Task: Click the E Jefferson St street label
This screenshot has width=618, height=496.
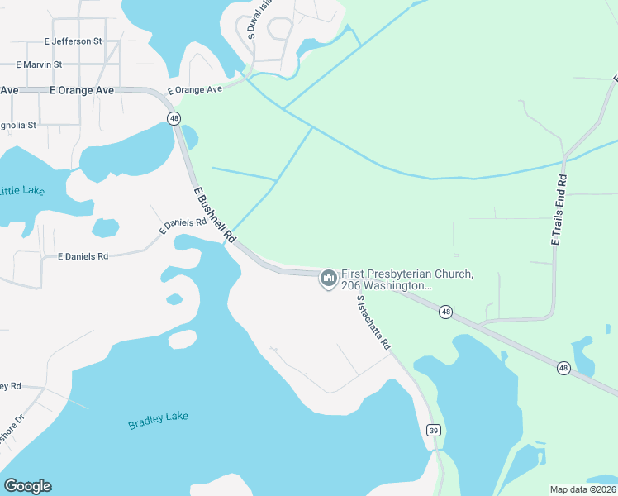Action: point(74,41)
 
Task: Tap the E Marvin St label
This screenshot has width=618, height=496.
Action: point(39,64)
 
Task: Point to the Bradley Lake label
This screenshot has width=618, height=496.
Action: point(159,421)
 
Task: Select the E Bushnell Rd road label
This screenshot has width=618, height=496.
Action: point(212,214)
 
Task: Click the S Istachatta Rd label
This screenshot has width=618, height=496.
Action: point(373,323)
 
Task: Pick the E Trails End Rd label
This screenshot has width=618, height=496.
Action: point(559,209)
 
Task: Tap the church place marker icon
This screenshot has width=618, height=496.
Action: point(329,279)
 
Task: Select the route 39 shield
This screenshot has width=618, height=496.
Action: point(433,430)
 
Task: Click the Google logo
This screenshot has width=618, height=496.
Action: point(27,486)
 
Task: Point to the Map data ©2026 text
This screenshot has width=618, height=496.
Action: point(582,489)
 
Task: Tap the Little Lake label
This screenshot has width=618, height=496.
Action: point(21,191)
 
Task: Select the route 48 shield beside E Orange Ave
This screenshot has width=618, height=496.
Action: point(174,118)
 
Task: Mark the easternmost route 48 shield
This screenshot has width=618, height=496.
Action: point(563,368)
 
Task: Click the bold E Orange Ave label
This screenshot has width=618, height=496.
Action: point(81,90)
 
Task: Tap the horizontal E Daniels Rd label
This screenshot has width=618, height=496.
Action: point(83,257)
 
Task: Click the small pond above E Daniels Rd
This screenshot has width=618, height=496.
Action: point(106,227)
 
